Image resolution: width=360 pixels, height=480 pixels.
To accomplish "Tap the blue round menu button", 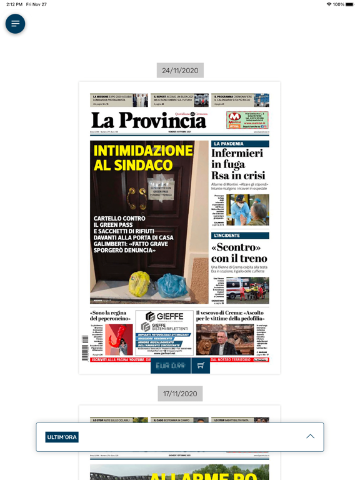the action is tap(16, 24).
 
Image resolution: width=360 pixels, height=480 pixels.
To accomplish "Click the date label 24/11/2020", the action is tap(180, 71).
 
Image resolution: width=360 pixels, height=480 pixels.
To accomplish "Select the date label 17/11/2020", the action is tap(180, 394).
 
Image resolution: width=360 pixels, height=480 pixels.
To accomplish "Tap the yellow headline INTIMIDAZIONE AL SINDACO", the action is tap(143, 157).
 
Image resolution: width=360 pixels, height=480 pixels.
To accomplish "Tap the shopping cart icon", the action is tap(201, 366).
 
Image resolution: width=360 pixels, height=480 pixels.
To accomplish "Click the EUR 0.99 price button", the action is tap(171, 366).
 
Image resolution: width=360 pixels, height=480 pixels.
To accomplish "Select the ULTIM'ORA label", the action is tap(62, 437).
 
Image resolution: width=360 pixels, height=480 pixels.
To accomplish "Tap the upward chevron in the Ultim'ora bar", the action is tap(310, 436).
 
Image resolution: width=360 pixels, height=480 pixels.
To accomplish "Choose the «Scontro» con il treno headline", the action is tap(239, 252).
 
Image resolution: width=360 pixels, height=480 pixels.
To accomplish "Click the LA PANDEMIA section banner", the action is tap(240, 144).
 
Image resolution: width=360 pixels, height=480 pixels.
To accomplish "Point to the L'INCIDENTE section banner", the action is tap(240, 236).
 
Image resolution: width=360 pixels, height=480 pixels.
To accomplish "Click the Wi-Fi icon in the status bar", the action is tap(329, 4).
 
